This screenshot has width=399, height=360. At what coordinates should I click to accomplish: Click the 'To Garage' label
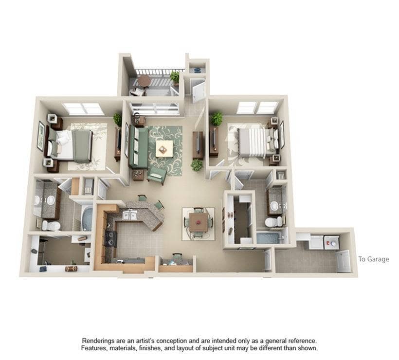pyautogui.click(x=373, y=259)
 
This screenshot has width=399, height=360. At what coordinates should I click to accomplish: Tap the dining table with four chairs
pyautogui.click(x=198, y=223)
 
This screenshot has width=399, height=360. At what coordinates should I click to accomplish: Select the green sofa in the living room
pyautogui.click(x=138, y=146)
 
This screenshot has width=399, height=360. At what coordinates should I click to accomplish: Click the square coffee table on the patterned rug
pyautogui.click(x=164, y=147)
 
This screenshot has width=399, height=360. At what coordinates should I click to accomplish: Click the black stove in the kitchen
pyautogui.click(x=110, y=239)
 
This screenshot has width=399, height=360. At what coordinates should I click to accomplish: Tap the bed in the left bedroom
pyautogui.click(x=73, y=144)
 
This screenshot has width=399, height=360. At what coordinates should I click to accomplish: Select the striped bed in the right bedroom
pyautogui.click(x=253, y=141)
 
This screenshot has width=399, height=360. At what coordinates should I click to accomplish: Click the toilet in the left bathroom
pyautogui.click(x=51, y=225)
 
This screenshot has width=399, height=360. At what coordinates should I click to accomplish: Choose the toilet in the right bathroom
pyautogui.click(x=273, y=222)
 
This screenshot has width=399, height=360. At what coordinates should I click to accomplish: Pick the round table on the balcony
pyautogui.click(x=144, y=80)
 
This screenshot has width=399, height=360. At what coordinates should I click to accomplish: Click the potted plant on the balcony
pyautogui.click(x=175, y=77)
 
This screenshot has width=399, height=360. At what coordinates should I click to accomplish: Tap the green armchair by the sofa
pyautogui.click(x=156, y=175)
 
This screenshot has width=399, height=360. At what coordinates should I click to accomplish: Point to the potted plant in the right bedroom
pyautogui.click(x=217, y=118)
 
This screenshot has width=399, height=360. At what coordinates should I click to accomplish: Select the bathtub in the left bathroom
pyautogui.click(x=87, y=218)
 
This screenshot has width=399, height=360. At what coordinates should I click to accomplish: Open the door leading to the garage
pyautogui.click(x=344, y=260)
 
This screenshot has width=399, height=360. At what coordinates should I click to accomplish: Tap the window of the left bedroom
pyautogui.click(x=83, y=108)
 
